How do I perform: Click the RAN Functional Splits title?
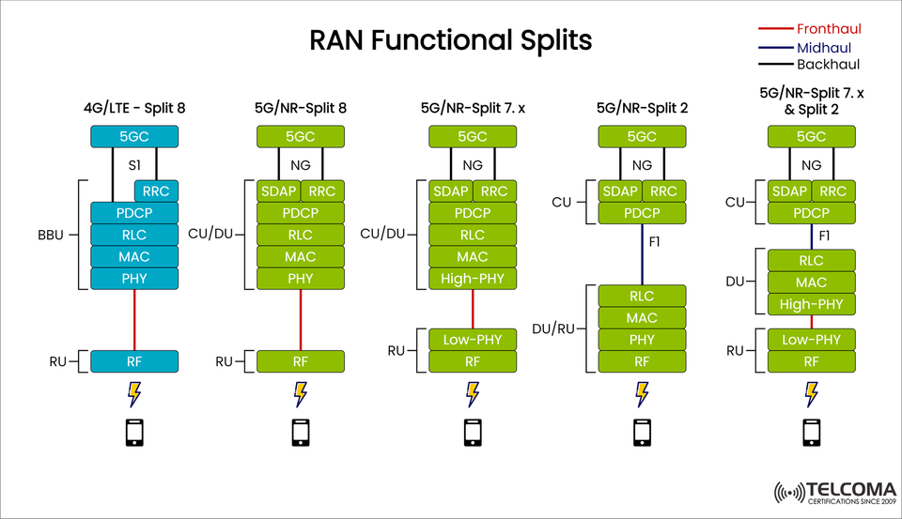451,40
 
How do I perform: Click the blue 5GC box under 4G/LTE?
134,137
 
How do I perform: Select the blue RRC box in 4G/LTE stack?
156,191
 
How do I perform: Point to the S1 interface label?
133,164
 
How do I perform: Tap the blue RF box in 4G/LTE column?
134,361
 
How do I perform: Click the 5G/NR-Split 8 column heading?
301,108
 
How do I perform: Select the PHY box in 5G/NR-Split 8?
301,279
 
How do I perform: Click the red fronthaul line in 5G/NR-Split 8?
301,319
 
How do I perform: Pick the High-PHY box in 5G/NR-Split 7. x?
473,279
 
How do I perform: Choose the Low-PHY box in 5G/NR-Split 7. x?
473,340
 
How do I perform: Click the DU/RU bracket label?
553,328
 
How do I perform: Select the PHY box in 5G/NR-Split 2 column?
642,340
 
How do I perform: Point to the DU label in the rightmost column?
736,282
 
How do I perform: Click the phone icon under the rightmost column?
811,432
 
